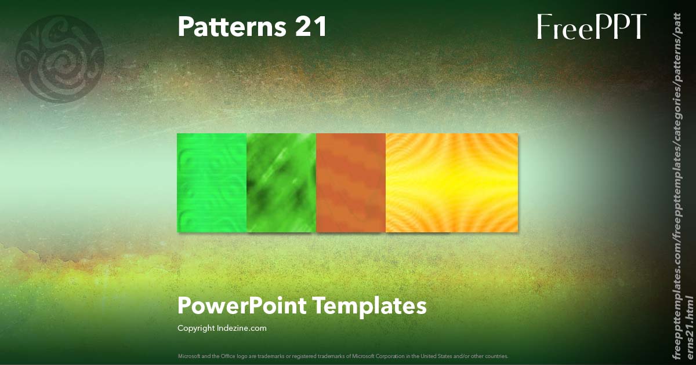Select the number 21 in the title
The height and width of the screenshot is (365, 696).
coord(311,27)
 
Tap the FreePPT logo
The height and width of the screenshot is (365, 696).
coord(591,27)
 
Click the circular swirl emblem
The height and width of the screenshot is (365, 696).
coord(60,60)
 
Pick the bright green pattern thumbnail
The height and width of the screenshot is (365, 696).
coord(212,183)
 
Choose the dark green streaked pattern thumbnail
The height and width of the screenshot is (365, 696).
coord(281,183)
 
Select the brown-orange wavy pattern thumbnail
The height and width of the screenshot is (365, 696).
coord(351,183)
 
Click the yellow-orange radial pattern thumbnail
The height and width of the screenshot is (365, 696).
coord(452,183)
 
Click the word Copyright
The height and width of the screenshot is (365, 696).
coord(195,329)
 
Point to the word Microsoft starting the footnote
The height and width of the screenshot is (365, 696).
coord(188,356)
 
